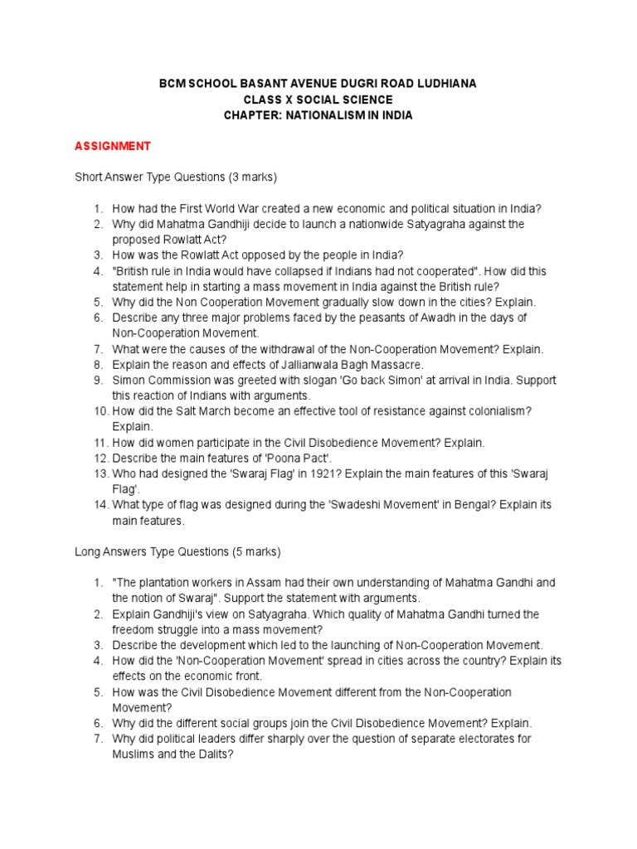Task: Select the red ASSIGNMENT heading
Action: [x=113, y=146]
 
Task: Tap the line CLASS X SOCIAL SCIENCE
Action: [x=318, y=100]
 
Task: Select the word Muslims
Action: [x=135, y=754]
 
